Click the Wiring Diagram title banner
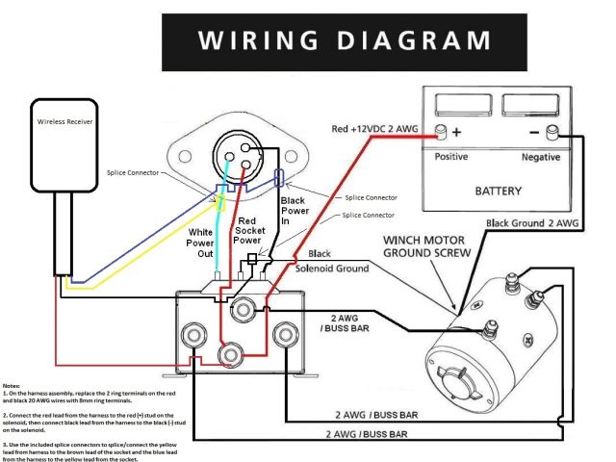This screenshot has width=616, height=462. [344, 40]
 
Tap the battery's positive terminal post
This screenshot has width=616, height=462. [441, 131]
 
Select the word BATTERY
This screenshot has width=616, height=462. [499, 191]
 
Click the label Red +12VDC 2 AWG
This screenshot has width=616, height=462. [375, 128]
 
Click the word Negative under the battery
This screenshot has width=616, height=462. [541, 156]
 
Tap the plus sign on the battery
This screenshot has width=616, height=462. [457, 132]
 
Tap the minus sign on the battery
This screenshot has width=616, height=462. [532, 132]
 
